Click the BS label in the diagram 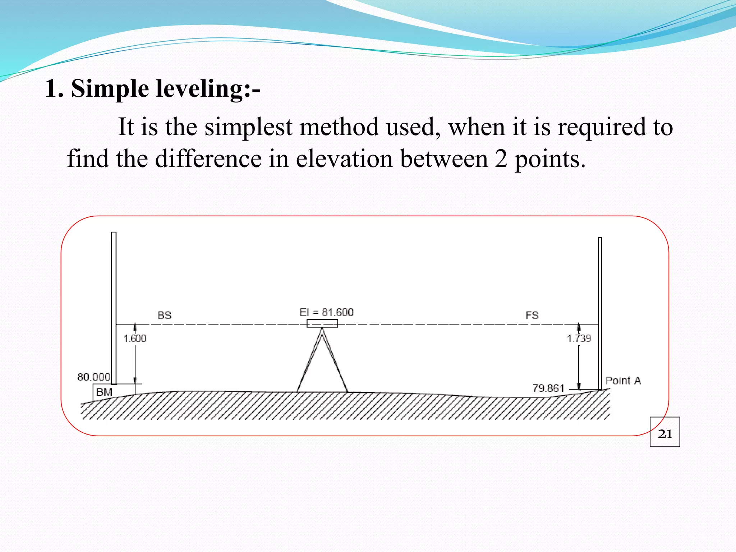coord(164,316)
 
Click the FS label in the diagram coord(532,316)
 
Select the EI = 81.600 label coord(326,312)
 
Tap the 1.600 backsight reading coord(135,339)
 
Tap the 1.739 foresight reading coord(579,339)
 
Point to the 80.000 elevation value coord(93,377)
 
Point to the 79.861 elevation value coord(548,388)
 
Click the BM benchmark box coord(104,392)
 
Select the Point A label coord(623,381)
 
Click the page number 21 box coord(665,432)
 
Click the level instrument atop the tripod coord(322,323)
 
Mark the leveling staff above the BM coord(114,305)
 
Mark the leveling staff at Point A coord(600,309)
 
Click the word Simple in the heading coord(110,89)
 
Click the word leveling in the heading coord(199,89)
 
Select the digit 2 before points coord(501,159)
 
